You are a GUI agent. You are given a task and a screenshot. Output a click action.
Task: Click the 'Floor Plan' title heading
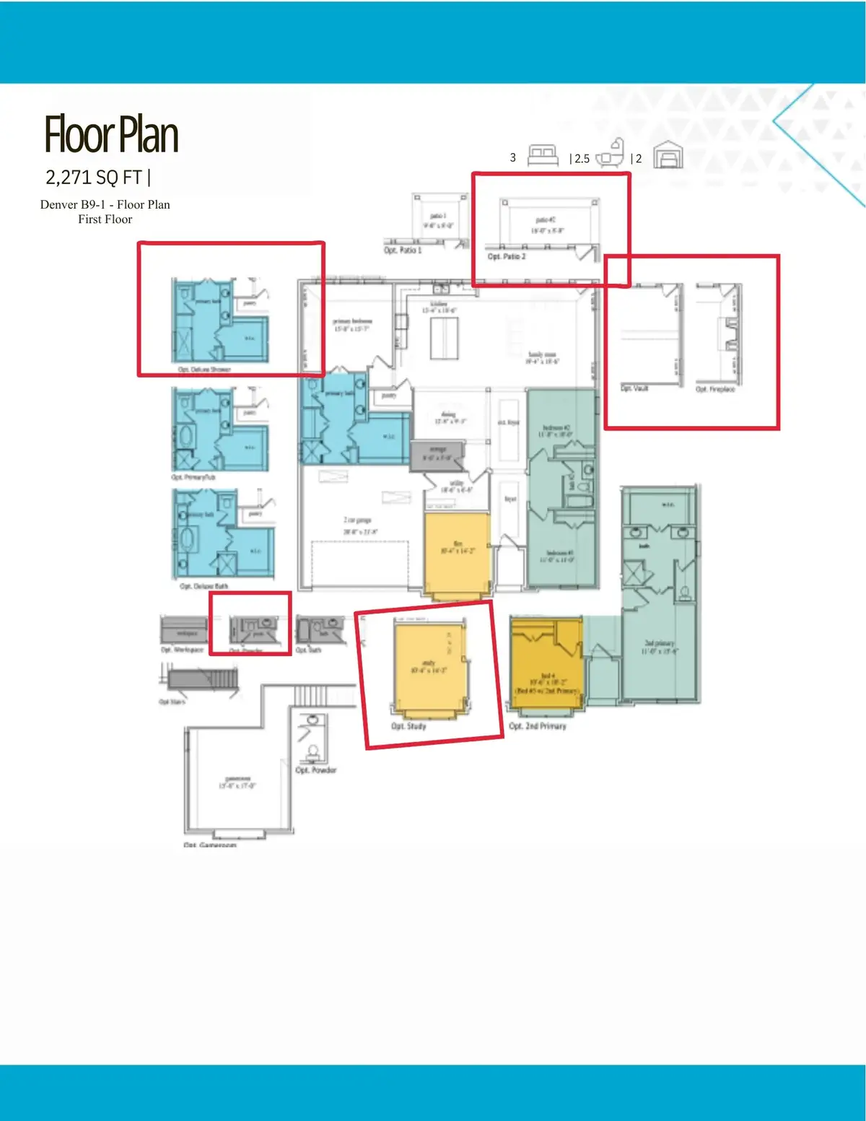click(x=111, y=135)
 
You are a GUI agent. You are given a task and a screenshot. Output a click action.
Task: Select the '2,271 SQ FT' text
click(x=94, y=177)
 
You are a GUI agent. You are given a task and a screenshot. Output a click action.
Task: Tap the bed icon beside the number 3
click(x=543, y=156)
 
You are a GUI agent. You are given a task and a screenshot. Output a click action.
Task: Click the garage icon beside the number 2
click(x=668, y=155)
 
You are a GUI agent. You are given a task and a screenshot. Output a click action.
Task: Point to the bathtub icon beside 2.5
click(x=611, y=154)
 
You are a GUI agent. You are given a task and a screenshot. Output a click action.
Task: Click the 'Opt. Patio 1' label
click(x=403, y=250)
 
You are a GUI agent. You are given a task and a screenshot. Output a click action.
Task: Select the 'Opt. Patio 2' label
click(x=507, y=256)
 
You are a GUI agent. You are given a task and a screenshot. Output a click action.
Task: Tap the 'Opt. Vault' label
click(x=634, y=388)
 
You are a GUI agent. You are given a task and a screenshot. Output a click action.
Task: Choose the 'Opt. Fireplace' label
click(x=715, y=389)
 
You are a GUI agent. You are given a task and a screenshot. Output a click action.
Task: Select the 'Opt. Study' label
click(x=408, y=725)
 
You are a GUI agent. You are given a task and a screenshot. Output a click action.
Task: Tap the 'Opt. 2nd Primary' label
click(x=538, y=725)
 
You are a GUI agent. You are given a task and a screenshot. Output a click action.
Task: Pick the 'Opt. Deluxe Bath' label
click(x=204, y=586)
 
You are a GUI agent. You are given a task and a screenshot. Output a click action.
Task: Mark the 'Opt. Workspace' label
click(x=182, y=650)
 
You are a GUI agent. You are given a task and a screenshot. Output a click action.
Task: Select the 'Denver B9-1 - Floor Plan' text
click(x=105, y=204)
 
